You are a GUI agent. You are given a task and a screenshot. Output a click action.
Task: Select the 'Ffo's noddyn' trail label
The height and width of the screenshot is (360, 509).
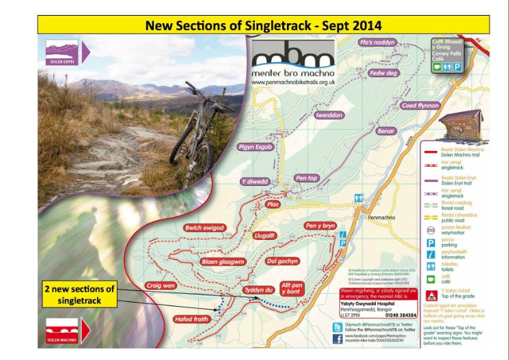[376, 42]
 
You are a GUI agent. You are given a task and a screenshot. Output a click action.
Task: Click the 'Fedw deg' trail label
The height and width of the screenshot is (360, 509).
[383, 72]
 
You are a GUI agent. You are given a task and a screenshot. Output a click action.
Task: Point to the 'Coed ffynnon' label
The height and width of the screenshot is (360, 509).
[419, 106]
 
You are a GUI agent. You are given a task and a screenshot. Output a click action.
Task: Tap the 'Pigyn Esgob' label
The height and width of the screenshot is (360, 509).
[256, 147]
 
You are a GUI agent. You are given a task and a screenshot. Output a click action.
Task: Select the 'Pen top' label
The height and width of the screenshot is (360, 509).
[307, 178]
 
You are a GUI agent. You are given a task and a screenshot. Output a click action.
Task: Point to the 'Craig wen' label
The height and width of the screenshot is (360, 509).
[161, 285]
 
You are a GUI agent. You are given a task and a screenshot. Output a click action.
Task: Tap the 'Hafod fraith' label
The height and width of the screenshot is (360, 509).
[191, 318]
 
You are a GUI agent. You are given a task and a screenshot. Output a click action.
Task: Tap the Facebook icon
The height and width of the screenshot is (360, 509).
[337, 338]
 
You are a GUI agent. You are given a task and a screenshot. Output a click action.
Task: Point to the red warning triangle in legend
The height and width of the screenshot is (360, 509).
[431, 296]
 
